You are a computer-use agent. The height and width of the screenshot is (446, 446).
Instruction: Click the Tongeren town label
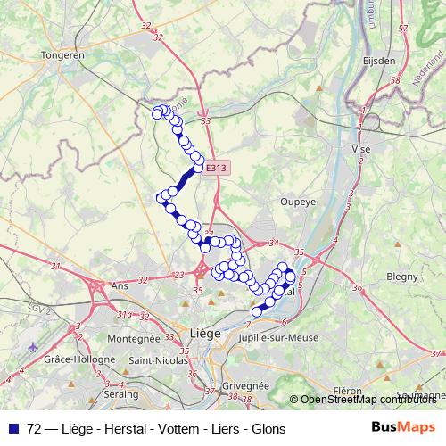tap(62, 54)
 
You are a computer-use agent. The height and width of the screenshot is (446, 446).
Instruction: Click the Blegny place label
tap(403, 277)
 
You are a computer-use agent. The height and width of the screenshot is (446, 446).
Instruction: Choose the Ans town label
tap(119, 286)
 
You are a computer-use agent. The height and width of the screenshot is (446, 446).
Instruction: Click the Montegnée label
tap(132, 339)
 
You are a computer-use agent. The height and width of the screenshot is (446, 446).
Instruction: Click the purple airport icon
tap(34, 346)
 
